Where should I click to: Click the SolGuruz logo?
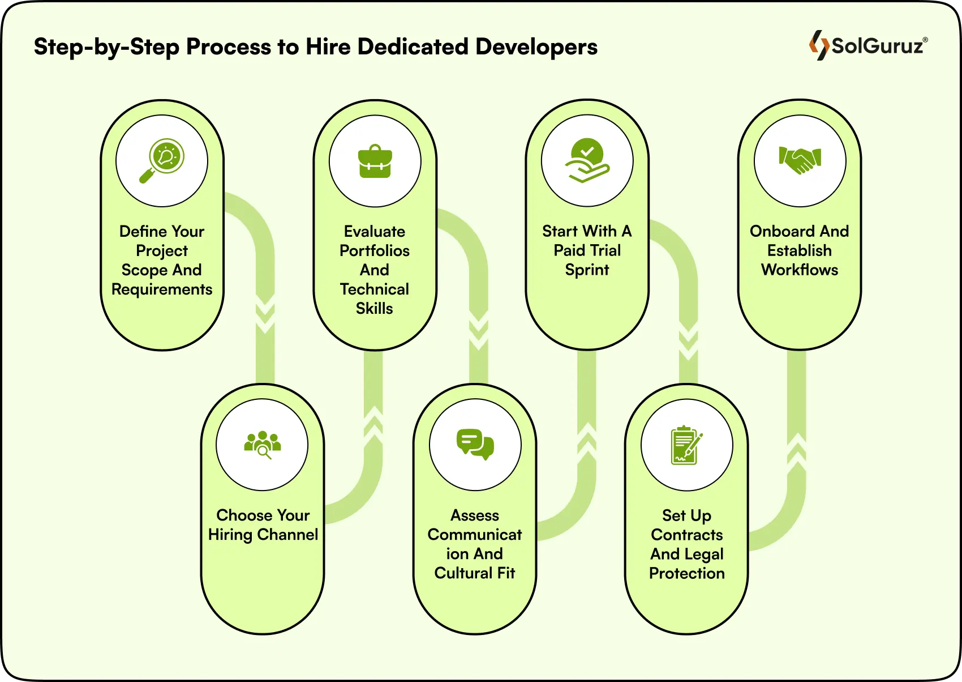[868, 45]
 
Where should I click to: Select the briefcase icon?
[375, 161]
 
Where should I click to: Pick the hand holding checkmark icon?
[587, 161]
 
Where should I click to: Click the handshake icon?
[800, 161]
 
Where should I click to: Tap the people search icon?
[262, 445]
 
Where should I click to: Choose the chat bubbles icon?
[475, 445]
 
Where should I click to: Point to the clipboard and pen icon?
[686, 445]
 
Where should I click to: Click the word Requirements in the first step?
[162, 289]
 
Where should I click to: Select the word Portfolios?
[375, 250]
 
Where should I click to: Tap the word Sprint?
[587, 270]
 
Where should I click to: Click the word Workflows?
[800, 270]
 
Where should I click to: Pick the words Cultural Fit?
[475, 573]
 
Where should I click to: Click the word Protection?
[687, 573]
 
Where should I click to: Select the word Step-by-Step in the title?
[106, 47]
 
